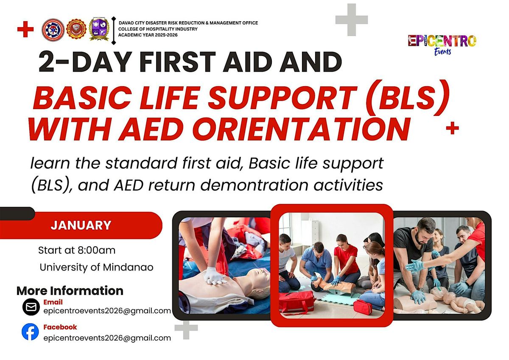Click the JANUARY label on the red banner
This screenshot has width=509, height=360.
[x=81, y=225]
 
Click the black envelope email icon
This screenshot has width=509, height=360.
[x=31, y=307]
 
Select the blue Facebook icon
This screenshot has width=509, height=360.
[x=31, y=332]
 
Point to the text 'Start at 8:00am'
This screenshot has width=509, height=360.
[x=77, y=250]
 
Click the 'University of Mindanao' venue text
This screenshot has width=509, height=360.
[x=96, y=267]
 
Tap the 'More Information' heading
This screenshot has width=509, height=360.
[x=70, y=291]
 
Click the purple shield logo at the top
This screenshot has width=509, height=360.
[x=99, y=30]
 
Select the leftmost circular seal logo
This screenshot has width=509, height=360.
[x=53, y=30]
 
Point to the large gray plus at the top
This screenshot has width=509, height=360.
[x=351, y=20]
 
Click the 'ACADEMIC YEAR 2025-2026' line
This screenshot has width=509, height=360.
[x=148, y=34]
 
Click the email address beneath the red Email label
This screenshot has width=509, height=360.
[x=107, y=311]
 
